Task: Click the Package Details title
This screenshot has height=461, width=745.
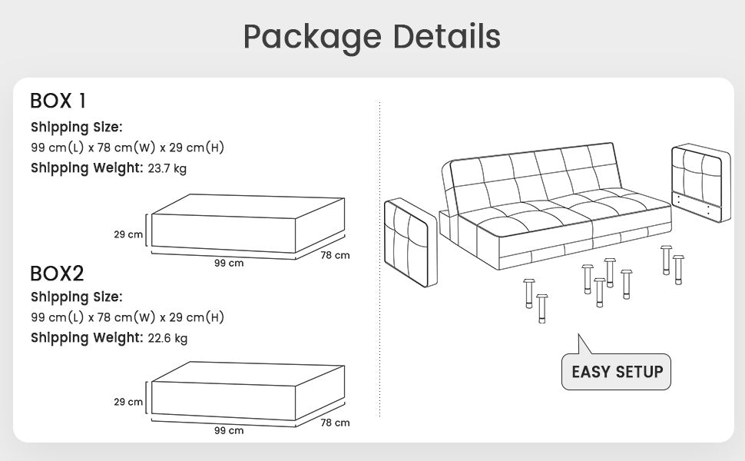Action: (372, 36)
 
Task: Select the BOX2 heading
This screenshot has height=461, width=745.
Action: (57, 273)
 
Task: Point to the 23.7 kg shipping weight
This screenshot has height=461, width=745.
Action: (167, 168)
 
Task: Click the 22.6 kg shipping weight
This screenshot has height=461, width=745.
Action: (167, 337)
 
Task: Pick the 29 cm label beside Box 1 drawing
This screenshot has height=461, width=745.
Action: (128, 234)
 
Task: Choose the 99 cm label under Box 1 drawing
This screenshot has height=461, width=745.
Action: (229, 263)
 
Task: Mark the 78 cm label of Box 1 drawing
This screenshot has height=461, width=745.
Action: (335, 255)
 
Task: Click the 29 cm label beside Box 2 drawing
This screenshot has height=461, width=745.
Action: (128, 402)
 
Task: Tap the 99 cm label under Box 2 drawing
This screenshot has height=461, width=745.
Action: (229, 430)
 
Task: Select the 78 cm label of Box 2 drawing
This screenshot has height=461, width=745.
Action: (335, 423)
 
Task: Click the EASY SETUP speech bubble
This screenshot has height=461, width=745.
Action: (617, 372)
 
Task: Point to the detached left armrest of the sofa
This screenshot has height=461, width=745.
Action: (410, 242)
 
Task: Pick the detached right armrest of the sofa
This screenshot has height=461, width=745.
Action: (700, 182)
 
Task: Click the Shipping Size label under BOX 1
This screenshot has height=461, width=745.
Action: (77, 127)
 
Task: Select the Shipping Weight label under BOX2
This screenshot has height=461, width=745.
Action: (87, 337)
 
